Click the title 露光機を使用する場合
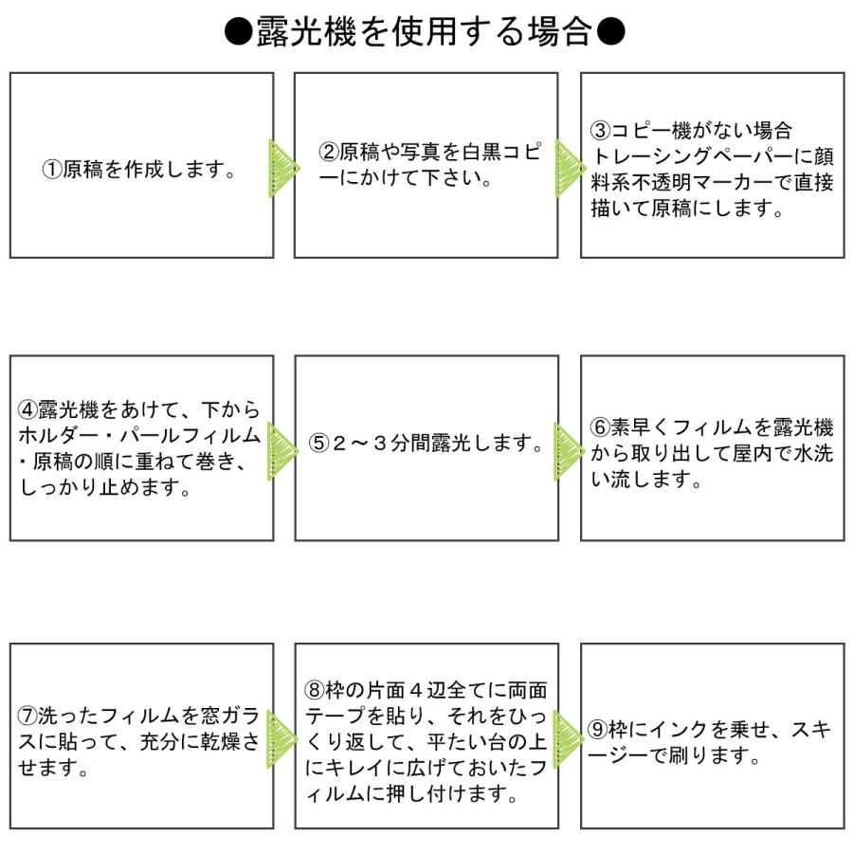pyautogui.click(x=426, y=32)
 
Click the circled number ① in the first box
pyautogui.click(x=53, y=171)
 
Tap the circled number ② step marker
pyautogui.click(x=327, y=153)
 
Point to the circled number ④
pyautogui.click(x=28, y=410)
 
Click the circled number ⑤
pyautogui.click(x=319, y=444)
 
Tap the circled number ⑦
pyautogui.click(x=28, y=717)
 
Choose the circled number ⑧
pyautogui.click(x=315, y=690)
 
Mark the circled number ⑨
pyautogui.click(x=597, y=730)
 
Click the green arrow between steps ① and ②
pyautogui.click(x=282, y=169)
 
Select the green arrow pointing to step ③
pyautogui.click(x=568, y=169)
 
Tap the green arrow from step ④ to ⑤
pyautogui.click(x=282, y=450)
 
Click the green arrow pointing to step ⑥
pyautogui.click(x=568, y=450)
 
